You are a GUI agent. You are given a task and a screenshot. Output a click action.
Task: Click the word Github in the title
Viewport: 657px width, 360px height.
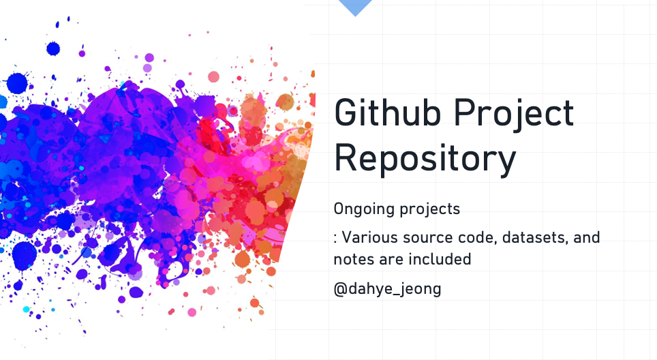point(387,112)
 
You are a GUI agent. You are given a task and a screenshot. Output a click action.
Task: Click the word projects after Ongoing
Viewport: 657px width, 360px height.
point(429,209)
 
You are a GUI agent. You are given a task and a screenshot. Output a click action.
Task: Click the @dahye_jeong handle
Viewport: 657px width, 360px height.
point(387,289)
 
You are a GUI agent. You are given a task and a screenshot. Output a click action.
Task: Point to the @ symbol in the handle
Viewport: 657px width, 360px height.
point(340,289)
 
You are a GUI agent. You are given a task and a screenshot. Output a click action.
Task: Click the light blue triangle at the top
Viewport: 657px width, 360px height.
point(355,7)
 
